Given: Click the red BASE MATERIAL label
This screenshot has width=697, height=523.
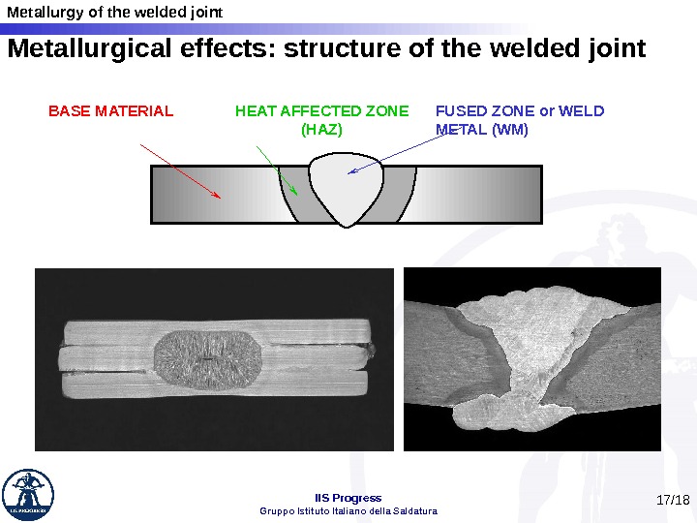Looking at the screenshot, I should coord(110,111).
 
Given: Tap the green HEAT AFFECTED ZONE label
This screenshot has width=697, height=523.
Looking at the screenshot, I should coord(321,111).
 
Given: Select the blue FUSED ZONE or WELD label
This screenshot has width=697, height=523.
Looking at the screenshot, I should coord(520,111).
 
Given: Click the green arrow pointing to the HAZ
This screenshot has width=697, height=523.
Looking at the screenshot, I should coord(277,169).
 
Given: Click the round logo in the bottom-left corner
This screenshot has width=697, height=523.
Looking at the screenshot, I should coord(28,494).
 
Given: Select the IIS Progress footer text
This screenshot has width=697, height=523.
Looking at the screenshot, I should coord(348,498).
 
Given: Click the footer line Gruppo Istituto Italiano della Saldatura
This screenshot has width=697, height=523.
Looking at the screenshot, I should coord(348,510).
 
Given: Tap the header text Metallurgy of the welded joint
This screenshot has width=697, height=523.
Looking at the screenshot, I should coord(114,13).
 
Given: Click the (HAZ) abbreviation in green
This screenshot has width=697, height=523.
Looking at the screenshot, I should coord(321,129).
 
